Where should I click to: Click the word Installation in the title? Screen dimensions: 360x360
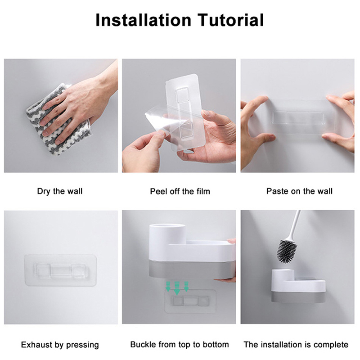[143, 20]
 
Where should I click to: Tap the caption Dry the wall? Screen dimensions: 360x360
[60, 191]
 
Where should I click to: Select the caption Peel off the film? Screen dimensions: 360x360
[180, 191]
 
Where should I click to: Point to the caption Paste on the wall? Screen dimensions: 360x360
[299, 191]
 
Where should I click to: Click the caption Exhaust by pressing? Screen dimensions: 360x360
[60, 345]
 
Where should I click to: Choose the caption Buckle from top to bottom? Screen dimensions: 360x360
[180, 344]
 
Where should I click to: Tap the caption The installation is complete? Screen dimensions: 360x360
[296, 344]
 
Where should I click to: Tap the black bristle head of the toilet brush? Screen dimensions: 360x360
[287, 251]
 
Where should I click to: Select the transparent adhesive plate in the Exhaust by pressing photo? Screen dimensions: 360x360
[60, 270]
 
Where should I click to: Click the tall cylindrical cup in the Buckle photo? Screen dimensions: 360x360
[168, 239]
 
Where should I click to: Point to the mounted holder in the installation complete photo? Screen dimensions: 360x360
[298, 286]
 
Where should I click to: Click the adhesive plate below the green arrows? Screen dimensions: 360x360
[190, 301]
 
